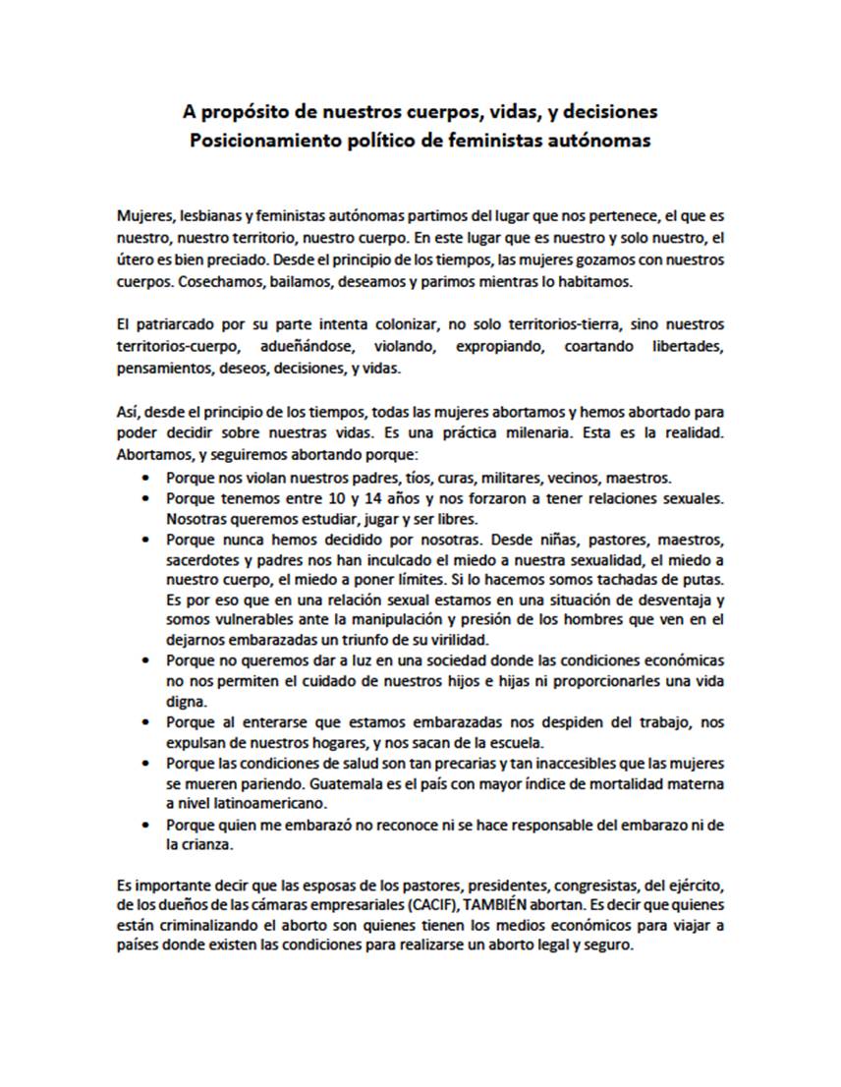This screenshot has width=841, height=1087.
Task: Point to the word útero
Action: click(x=134, y=260)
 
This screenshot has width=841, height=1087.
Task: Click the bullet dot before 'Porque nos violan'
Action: click(x=146, y=478)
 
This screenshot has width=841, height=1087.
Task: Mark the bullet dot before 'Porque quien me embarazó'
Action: click(x=146, y=826)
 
